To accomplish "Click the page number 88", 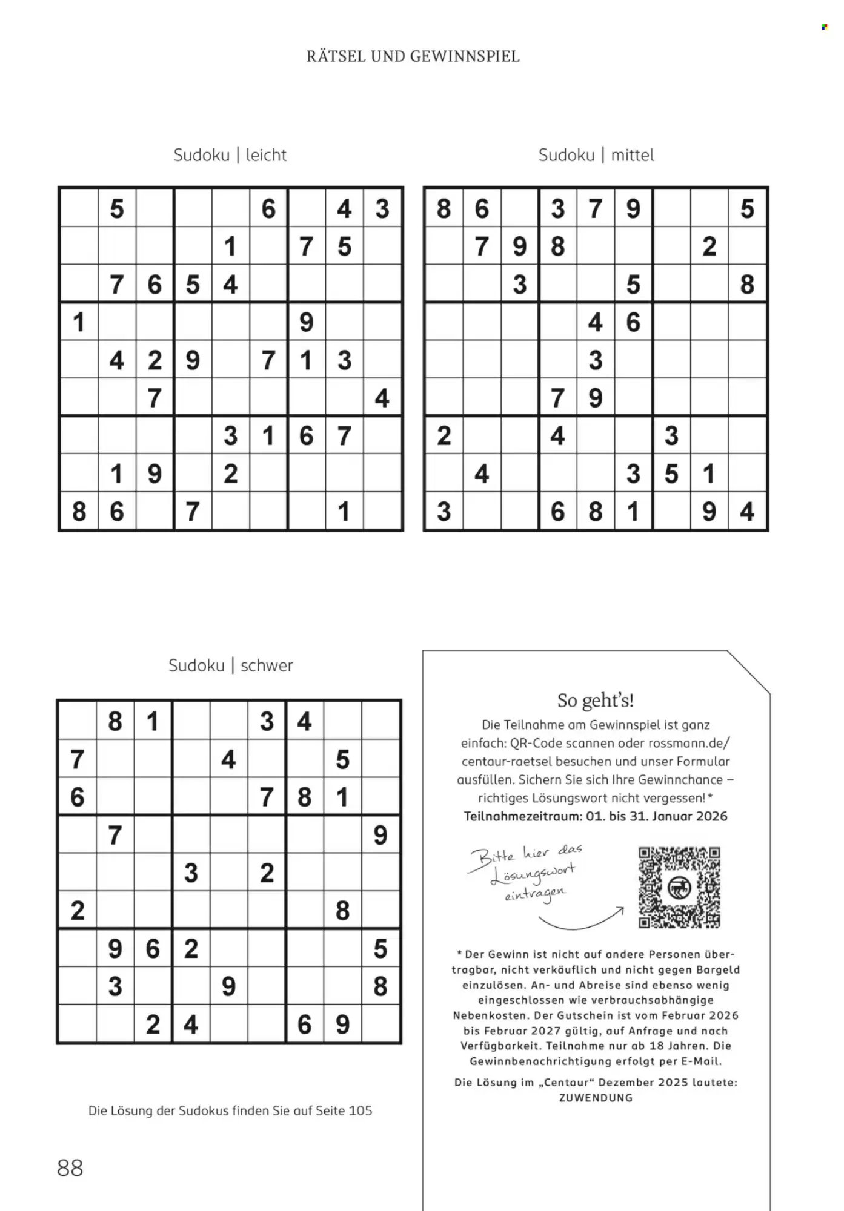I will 70,1167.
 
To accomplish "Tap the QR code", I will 679,888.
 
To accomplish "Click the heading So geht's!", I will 596,701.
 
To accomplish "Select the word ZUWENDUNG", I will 596,1097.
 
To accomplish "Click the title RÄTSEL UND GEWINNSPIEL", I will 413,56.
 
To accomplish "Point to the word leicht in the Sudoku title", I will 266,155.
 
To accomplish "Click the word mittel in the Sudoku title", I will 633,155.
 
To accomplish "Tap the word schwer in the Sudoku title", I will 267,665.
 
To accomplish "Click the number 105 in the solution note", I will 361,1110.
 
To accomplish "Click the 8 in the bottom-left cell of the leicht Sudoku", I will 79,512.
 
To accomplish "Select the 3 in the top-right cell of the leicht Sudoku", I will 382,209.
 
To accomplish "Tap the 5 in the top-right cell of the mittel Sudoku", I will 747,209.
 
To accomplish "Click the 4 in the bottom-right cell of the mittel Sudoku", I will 747,512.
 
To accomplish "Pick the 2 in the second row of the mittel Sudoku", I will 709,246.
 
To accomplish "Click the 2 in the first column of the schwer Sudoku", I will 78,910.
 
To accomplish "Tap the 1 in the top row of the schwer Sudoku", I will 153,721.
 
